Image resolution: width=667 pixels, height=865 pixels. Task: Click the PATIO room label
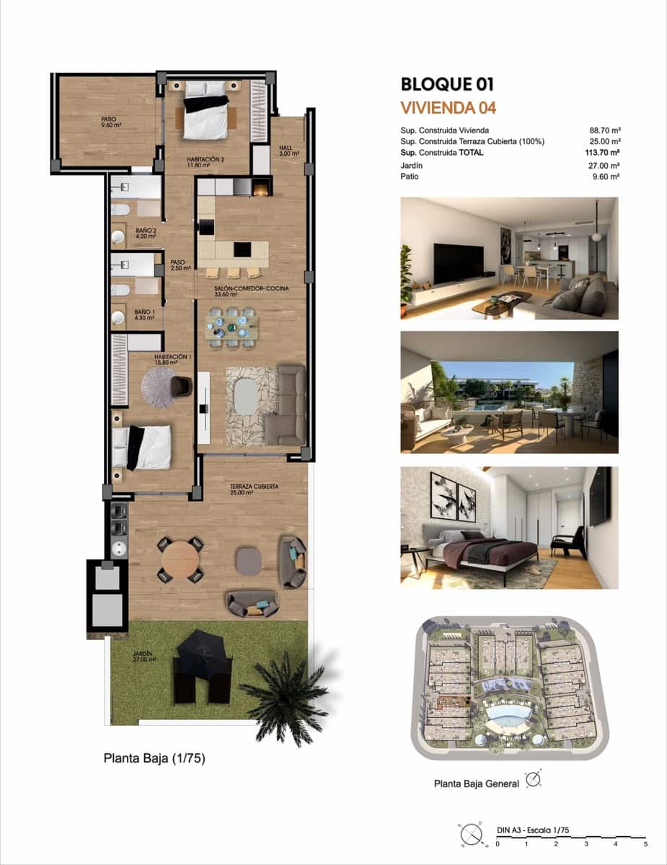click(x=109, y=122)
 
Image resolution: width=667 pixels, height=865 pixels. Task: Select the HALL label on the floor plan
click(x=287, y=151)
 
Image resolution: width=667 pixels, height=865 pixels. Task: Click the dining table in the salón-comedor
click(x=231, y=328)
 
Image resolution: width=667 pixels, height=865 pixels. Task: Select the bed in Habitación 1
click(x=143, y=446)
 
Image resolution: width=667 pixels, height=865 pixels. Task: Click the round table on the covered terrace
click(x=180, y=560)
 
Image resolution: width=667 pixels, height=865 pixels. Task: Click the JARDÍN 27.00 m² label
click(x=144, y=657)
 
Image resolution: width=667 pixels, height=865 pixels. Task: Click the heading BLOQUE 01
click(x=447, y=85)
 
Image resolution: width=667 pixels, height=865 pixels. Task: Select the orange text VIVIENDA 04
click(x=448, y=109)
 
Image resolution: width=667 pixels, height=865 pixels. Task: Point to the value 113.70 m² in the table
click(x=604, y=153)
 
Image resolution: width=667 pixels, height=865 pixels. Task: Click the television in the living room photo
click(x=458, y=264)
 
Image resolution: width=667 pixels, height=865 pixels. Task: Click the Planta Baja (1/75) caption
click(x=154, y=758)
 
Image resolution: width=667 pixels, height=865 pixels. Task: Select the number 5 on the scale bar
click(x=645, y=843)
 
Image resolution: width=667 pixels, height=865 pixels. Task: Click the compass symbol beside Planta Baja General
click(x=534, y=780)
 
